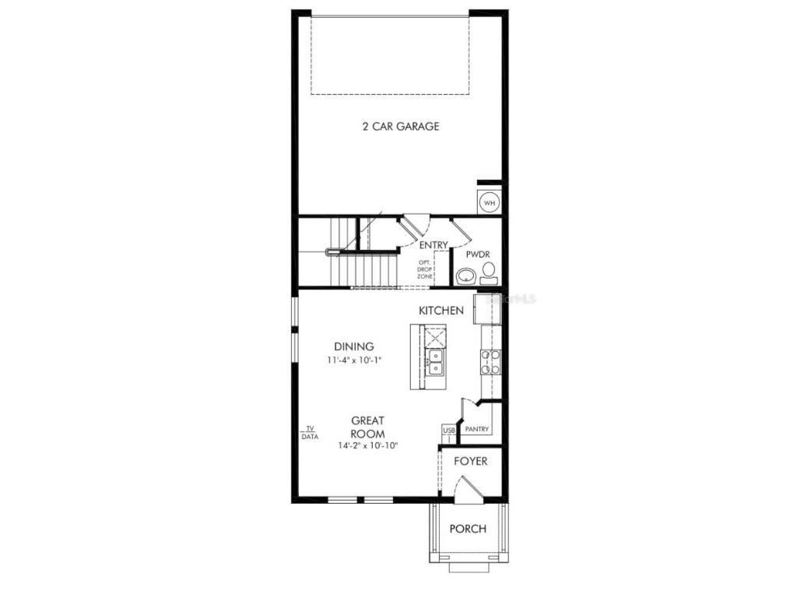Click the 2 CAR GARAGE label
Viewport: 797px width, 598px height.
(x=401, y=126)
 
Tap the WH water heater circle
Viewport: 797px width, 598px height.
(x=490, y=203)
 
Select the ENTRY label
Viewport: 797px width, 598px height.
(x=434, y=245)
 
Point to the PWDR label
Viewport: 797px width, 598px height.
(x=477, y=255)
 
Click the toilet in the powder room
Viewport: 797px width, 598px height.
(x=489, y=273)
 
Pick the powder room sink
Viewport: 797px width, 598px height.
(x=466, y=275)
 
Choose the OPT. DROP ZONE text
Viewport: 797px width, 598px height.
(x=425, y=269)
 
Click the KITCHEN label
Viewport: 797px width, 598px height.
(x=441, y=311)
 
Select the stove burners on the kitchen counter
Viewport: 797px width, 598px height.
(x=490, y=362)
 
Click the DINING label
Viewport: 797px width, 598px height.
(x=354, y=346)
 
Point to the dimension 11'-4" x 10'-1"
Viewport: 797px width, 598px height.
(x=354, y=361)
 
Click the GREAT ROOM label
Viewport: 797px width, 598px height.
(x=367, y=427)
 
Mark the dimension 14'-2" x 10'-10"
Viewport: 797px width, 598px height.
(x=367, y=446)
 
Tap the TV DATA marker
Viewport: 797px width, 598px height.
(x=310, y=433)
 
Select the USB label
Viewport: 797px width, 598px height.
(x=449, y=430)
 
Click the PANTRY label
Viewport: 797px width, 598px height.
(x=476, y=429)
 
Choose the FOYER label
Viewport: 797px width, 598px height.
(x=471, y=462)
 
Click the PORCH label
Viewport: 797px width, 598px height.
(x=469, y=529)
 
